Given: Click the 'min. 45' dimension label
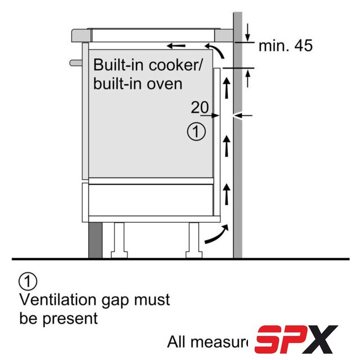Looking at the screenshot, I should (x=285, y=46).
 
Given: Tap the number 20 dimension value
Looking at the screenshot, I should (x=199, y=107).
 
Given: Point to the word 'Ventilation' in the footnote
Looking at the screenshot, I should (x=57, y=299).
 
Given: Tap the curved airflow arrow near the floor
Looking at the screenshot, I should (x=217, y=235).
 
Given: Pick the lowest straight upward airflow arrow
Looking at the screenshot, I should (x=227, y=193).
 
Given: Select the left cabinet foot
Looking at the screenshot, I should (x=120, y=240).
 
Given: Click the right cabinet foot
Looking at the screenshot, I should (x=195, y=240).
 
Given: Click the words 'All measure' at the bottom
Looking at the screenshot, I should (x=208, y=341).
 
